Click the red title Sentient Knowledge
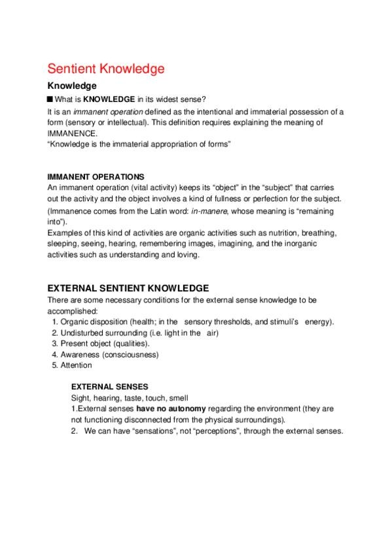(105, 69)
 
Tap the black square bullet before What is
(50, 99)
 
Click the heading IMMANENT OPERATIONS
(96, 176)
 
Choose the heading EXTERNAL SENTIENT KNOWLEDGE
(128, 287)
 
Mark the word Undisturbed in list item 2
(82, 333)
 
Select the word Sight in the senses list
(79, 397)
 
